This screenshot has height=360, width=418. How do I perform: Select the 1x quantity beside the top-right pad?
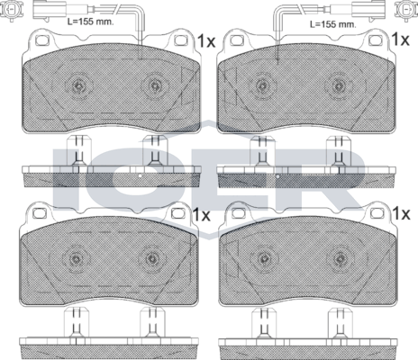(x=402, y=41)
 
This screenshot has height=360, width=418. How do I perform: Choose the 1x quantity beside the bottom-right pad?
(x=402, y=214)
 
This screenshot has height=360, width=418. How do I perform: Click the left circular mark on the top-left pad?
(x=78, y=86)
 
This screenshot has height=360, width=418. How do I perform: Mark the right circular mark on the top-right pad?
(x=339, y=86)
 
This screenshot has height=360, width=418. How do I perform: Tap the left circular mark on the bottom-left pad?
(x=78, y=258)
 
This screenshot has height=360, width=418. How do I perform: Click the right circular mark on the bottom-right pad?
(x=339, y=258)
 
